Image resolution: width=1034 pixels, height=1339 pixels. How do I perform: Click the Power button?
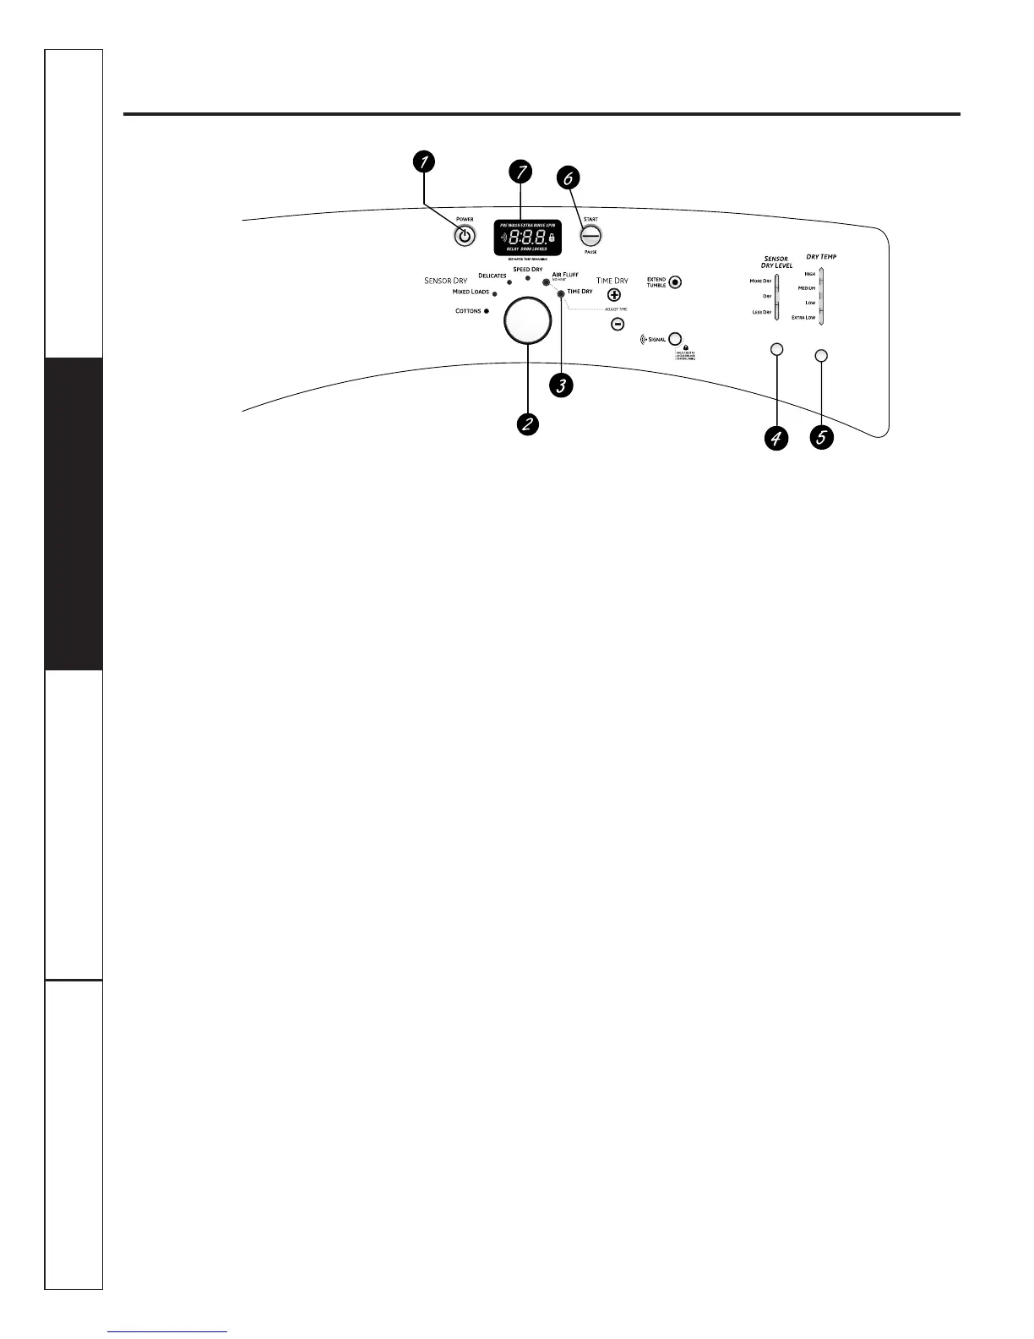pyautogui.click(x=464, y=237)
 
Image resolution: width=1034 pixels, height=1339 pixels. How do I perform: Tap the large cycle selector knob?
pyautogui.click(x=527, y=321)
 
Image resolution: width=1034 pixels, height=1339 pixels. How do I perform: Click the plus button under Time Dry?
pyautogui.click(x=614, y=295)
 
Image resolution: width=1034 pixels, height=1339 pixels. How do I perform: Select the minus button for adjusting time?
pyautogui.click(x=618, y=324)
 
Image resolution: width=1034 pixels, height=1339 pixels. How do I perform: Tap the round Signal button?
pyautogui.click(x=675, y=338)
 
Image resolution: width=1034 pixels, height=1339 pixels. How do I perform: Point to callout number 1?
pyautogui.click(x=424, y=161)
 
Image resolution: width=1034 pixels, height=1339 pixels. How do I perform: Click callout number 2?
pyautogui.click(x=527, y=424)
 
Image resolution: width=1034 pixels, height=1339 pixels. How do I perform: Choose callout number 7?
pyautogui.click(x=521, y=172)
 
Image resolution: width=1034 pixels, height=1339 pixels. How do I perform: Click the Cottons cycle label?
pyautogui.click(x=468, y=311)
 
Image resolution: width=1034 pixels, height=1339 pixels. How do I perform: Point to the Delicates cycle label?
pyautogui.click(x=492, y=276)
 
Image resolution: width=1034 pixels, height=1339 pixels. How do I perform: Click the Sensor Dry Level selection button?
pyautogui.click(x=777, y=349)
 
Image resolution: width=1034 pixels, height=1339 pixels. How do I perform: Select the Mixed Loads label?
pyautogui.click(x=471, y=292)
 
